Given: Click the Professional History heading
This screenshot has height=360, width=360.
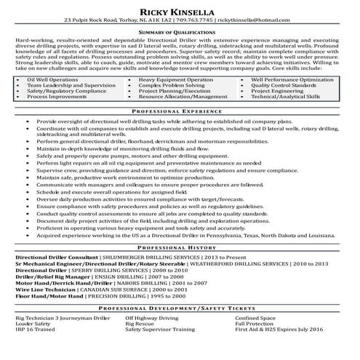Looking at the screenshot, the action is tap(180, 247).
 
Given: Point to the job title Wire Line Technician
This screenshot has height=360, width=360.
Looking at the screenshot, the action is tap(47, 289).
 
